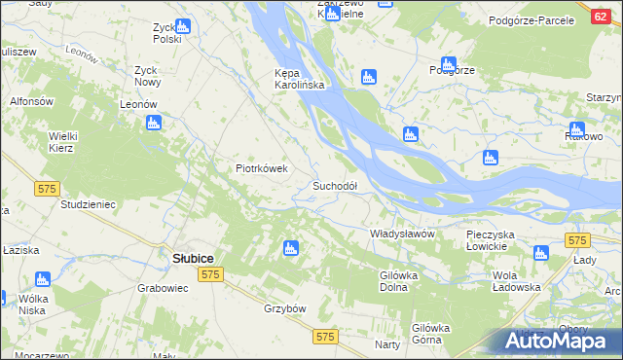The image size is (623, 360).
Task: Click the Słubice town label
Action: click(193, 258)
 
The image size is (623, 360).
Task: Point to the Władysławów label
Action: click(401, 234)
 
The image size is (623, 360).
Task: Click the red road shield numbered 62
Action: click(601, 18)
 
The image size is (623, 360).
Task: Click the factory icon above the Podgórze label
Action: click(448, 63)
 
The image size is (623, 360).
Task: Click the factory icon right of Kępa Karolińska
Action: click(368, 77)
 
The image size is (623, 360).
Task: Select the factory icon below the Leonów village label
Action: click(153, 123)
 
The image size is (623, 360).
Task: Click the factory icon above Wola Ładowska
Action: click(541, 253)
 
